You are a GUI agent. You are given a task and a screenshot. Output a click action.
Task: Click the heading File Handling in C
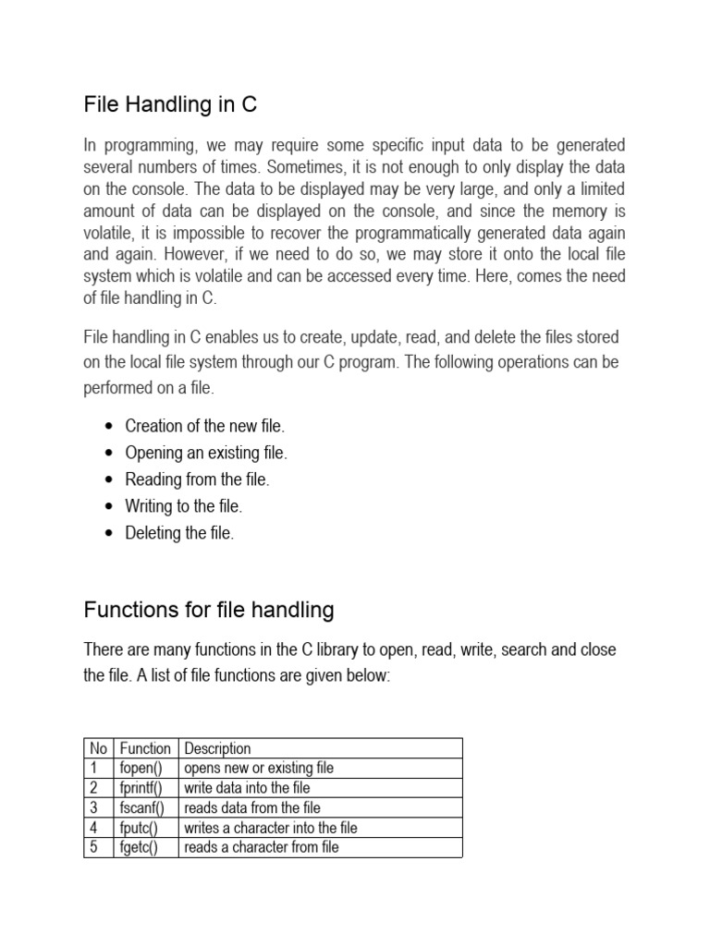pos(170,105)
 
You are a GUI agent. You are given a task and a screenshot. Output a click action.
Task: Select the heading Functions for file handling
pos(209,610)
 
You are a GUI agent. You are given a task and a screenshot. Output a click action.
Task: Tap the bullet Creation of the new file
pos(205,426)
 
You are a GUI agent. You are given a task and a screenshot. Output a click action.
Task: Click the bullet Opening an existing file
pos(206,453)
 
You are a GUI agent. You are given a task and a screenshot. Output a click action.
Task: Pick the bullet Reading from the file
pos(197,479)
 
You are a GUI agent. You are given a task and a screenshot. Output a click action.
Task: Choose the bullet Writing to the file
pos(183,506)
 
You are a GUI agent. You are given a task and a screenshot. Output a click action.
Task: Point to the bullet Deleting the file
pos(179,533)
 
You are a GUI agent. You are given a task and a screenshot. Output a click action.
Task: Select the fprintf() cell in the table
pos(141,788)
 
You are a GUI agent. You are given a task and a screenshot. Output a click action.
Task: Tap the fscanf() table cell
pos(141,807)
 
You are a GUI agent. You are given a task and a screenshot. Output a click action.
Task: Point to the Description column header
pos(217,748)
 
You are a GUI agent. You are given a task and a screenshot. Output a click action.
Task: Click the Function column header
pos(145,748)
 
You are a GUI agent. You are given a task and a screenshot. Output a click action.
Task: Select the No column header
pos(97,748)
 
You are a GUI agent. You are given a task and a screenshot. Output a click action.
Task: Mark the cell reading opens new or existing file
pos(259,768)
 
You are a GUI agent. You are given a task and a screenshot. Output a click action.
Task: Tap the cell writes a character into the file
pos(270,828)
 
